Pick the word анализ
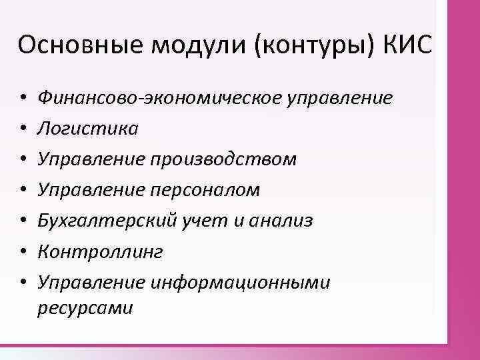click(281, 221)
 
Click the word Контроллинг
click(101, 252)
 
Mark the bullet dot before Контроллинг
click(23, 252)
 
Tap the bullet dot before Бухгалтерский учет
click(23, 221)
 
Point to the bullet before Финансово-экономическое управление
click(23, 99)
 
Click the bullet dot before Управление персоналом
click(23, 191)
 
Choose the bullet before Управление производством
click(23, 160)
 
